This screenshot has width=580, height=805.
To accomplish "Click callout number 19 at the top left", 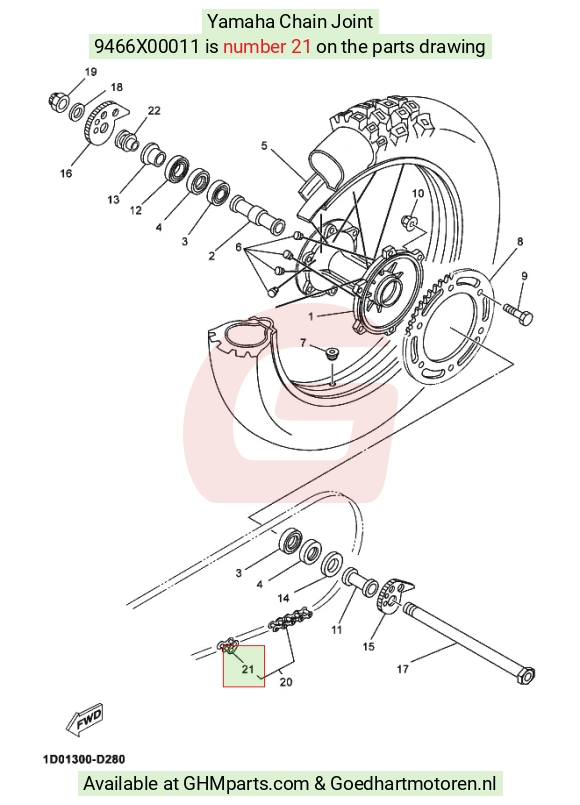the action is pyautogui.click(x=91, y=72).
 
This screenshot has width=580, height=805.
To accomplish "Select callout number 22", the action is pyautogui.click(x=154, y=110).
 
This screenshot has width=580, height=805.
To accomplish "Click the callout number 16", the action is pyautogui.click(x=66, y=174).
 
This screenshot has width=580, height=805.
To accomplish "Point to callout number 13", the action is pyautogui.click(x=113, y=199).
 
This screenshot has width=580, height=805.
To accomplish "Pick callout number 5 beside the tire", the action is pyautogui.click(x=264, y=146).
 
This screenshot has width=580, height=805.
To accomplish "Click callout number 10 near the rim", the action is pyautogui.click(x=418, y=194).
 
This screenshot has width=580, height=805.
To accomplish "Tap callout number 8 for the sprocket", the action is pyautogui.click(x=520, y=241).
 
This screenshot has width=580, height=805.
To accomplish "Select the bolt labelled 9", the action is pyautogui.click(x=518, y=314).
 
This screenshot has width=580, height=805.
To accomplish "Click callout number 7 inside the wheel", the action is pyautogui.click(x=303, y=342).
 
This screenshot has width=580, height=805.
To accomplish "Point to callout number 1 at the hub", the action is pyautogui.click(x=311, y=316).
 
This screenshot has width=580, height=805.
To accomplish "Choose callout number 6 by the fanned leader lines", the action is pyautogui.click(x=238, y=247).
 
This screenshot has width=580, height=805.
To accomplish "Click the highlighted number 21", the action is pyautogui.click(x=248, y=669).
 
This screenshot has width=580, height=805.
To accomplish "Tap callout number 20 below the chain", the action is pyautogui.click(x=286, y=682).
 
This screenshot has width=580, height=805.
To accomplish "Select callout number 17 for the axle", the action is pyautogui.click(x=403, y=668).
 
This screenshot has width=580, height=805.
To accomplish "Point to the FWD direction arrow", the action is pyautogui.click(x=85, y=718).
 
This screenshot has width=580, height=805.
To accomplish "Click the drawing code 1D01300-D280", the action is pyautogui.click(x=84, y=759).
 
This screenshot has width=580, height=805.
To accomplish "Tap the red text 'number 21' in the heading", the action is pyautogui.click(x=267, y=47).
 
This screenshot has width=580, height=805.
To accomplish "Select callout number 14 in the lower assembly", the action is pyautogui.click(x=283, y=598).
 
